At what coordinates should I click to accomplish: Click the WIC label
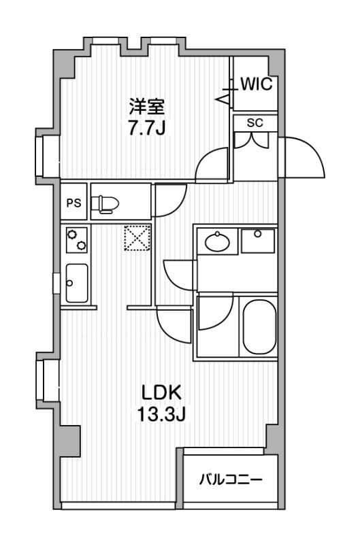257,84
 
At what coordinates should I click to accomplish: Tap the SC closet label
255,123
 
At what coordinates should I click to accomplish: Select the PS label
73,203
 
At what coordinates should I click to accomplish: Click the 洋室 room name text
147,107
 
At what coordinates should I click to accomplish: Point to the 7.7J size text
148,128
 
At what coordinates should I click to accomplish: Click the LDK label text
163,393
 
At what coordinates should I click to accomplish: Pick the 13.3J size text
163,414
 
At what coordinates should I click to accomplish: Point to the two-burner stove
76,239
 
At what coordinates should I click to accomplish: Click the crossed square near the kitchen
136,239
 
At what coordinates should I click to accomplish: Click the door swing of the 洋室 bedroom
212,165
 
